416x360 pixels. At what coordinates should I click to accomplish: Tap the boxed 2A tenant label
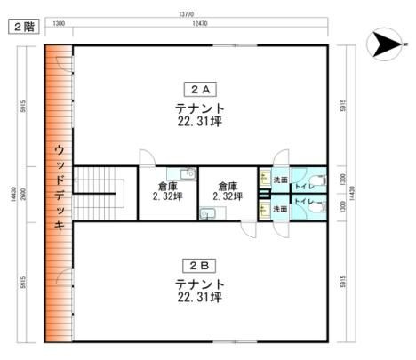[x=199, y=89]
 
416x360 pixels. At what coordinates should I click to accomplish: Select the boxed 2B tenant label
[x=199, y=264]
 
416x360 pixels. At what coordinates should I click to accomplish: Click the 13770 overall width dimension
[x=185, y=14]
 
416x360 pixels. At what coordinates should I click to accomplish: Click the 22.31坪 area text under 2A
[x=199, y=121]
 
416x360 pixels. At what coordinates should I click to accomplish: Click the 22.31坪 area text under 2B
[x=199, y=296]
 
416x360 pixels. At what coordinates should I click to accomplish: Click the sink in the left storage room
[x=186, y=173]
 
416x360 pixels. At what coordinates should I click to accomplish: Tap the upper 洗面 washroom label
[x=280, y=180]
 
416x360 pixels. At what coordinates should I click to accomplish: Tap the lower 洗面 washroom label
[x=280, y=209]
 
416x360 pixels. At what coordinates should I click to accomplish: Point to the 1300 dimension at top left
[x=59, y=23]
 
